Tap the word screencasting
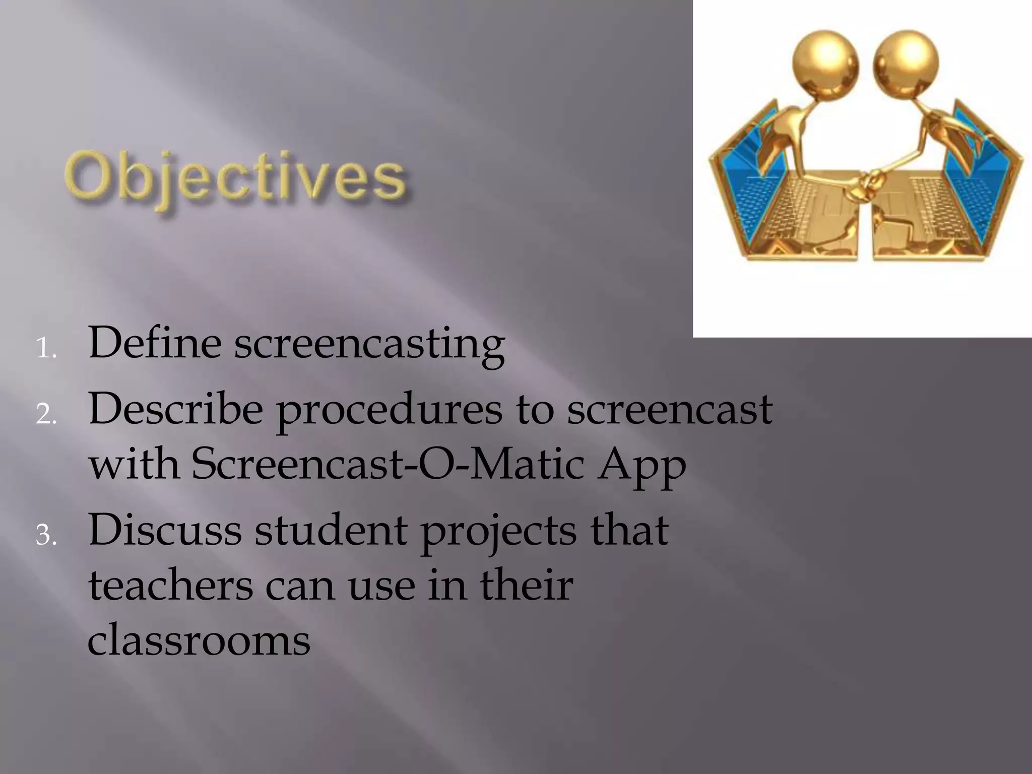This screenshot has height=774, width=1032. pyautogui.click(x=369, y=345)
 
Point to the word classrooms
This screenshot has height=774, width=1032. pyautogui.click(x=199, y=640)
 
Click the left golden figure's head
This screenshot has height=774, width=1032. pyautogui.click(x=825, y=66)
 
